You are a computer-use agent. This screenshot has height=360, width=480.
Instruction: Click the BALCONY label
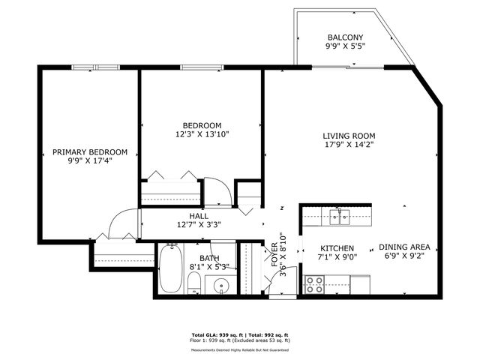345,37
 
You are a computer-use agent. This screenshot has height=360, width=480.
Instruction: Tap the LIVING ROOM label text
348,136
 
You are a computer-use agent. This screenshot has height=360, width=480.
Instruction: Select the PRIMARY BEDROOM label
89,151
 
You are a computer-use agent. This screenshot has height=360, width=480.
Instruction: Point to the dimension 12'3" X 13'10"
202,134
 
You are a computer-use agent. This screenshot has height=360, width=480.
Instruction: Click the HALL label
199,215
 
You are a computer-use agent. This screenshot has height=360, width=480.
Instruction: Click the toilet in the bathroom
193,283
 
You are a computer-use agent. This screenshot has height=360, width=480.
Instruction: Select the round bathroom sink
220,285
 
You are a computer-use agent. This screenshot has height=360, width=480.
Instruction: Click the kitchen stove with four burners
313,285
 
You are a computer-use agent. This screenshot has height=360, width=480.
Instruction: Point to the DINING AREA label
409,247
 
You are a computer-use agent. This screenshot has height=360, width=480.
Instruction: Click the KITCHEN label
337,247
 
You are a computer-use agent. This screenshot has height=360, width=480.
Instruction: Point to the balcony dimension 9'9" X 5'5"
345,47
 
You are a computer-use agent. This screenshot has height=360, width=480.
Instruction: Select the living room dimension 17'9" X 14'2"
348,145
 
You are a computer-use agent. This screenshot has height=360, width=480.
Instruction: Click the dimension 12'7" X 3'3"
199,224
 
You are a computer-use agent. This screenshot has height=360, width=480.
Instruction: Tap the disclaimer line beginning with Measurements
239,349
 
